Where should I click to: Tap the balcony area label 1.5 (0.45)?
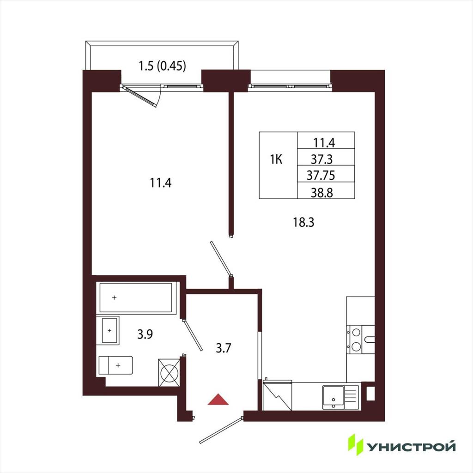point(162,66)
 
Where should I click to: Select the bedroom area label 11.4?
point(161,183)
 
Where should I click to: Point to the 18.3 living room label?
point(304,222)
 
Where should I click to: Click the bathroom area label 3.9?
point(145,334)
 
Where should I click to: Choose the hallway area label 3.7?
point(224,348)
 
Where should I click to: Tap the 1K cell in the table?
point(276,159)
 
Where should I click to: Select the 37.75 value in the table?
point(321,175)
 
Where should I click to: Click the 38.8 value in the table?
point(322,192)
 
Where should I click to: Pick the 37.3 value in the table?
point(322,159)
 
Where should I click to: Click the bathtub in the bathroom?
point(136,298)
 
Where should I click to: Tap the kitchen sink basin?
point(333,397)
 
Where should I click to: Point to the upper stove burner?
point(356,333)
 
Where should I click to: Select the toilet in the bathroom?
point(116,366)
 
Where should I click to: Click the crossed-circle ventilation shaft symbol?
point(169,373)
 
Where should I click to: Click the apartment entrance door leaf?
point(221,431)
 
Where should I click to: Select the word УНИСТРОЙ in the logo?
point(411,447)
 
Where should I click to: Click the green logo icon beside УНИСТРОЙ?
point(356,444)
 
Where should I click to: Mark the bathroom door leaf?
point(192,335)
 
